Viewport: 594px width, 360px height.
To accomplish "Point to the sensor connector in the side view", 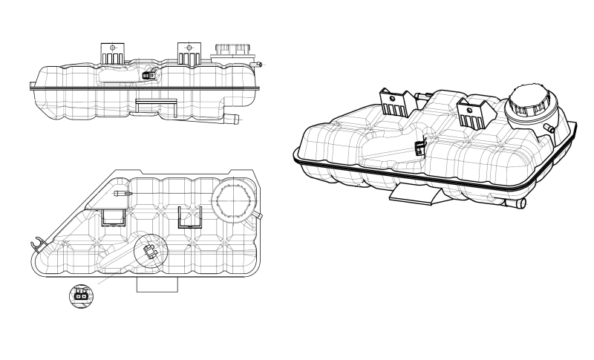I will pos(148,73).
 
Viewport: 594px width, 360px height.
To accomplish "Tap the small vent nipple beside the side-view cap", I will pos(260,65).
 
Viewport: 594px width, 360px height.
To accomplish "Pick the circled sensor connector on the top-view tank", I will pos(150,251).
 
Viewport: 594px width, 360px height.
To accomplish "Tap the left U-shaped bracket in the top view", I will pos(114,216).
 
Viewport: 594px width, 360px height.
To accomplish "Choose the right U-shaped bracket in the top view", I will pos(192,216).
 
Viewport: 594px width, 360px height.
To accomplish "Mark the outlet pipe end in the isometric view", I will pos(520,203).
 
